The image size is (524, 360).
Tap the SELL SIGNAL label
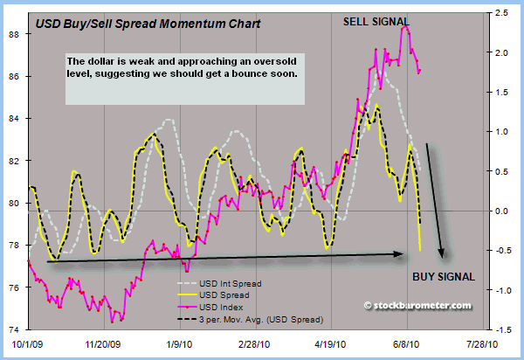[377, 20]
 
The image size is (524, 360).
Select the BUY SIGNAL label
[444, 277]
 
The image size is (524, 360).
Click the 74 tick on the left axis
[15, 329]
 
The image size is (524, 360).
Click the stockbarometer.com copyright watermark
[417, 306]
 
